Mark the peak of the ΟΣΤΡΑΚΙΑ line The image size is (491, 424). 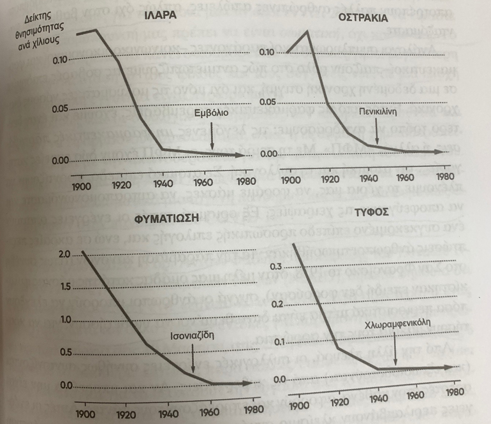click(x=309, y=30)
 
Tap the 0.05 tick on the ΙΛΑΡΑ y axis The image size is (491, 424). click(x=59, y=110)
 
